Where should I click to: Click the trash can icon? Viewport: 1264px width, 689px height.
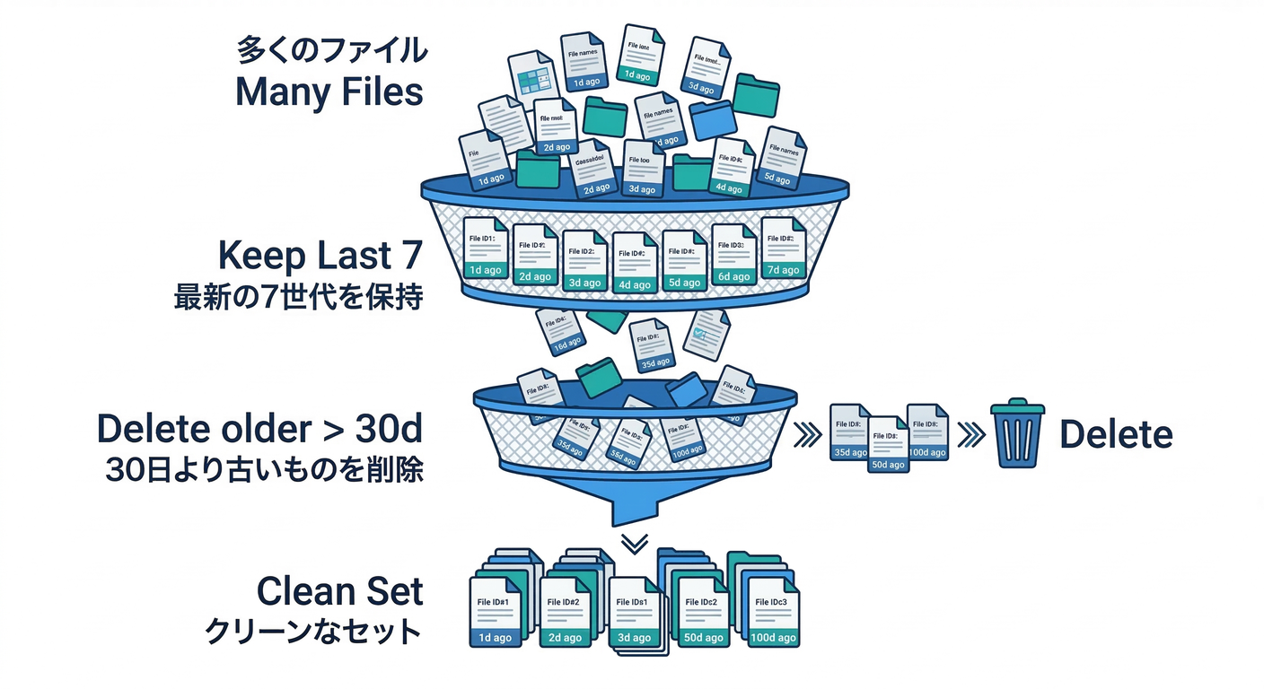point(1018,434)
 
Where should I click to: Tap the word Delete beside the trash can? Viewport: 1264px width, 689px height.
point(1116,435)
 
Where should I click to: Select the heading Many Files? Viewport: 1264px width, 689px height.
point(329,92)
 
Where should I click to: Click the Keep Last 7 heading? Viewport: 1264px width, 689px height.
point(320,257)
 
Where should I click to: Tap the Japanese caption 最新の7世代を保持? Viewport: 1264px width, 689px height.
point(298,298)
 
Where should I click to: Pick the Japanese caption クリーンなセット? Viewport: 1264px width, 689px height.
point(313,631)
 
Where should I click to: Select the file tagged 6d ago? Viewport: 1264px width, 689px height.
point(734,254)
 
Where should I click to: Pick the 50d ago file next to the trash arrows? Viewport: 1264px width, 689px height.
point(886,443)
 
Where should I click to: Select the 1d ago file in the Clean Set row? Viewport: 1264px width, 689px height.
point(495,614)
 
